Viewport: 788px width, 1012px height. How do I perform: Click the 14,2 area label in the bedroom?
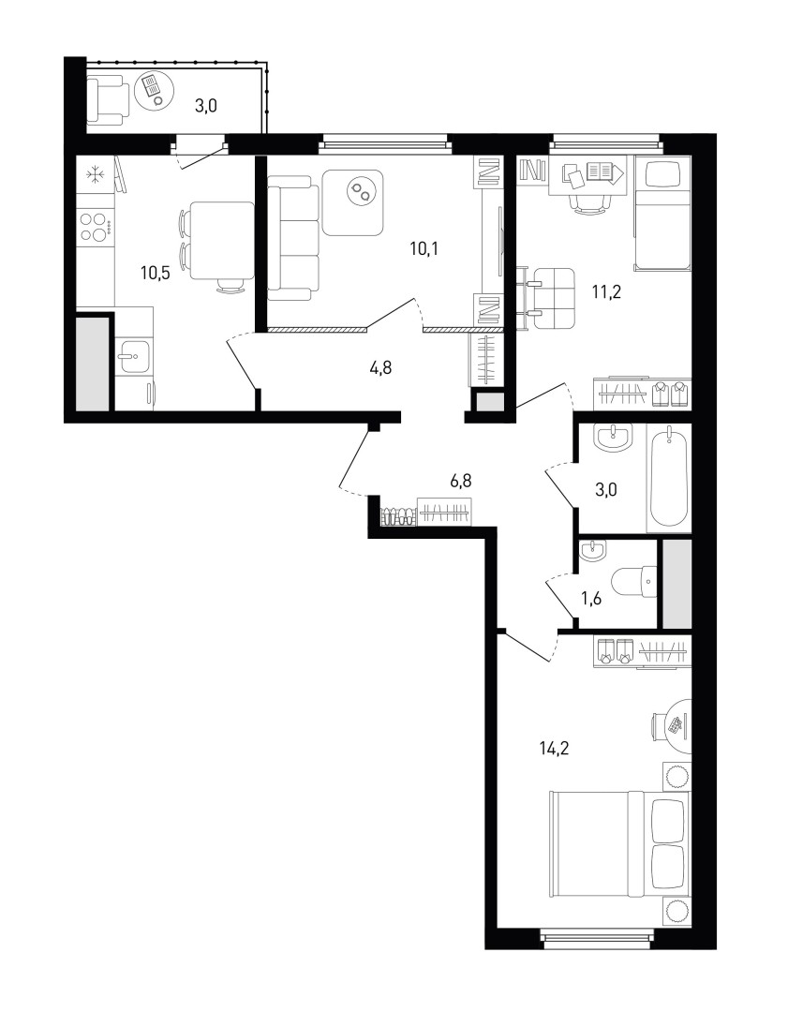pos(556,749)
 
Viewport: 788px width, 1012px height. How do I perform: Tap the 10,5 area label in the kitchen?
pos(156,273)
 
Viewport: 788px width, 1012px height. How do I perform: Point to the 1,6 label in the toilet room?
pos(592,599)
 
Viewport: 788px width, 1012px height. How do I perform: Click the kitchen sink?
pos(134,356)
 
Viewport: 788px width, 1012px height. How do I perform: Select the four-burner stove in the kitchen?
pos(97,227)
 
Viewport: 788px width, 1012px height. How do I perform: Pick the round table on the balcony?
pos(154,89)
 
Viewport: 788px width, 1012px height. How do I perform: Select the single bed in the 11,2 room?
pos(662,213)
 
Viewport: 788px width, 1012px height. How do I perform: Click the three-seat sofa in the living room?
pos(293,243)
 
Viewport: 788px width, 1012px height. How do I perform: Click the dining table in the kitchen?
pos(222,240)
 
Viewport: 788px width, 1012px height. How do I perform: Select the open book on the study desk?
pos(602,172)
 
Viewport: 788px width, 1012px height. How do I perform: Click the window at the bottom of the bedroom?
pos(600,939)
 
